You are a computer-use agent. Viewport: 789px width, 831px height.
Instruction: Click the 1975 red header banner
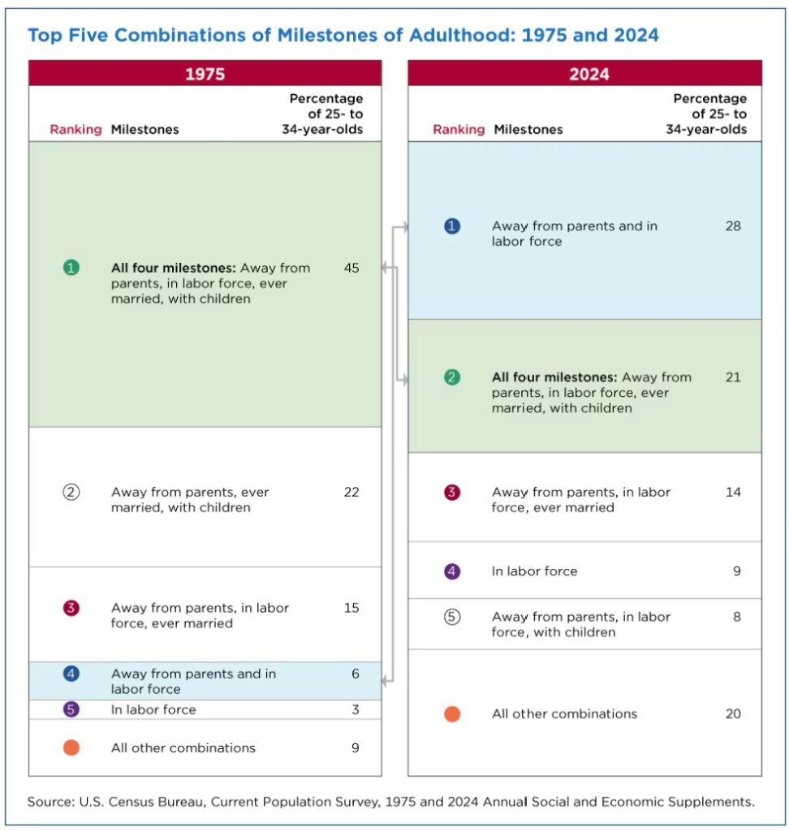[205, 74]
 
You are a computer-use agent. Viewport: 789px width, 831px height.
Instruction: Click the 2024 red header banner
[584, 74]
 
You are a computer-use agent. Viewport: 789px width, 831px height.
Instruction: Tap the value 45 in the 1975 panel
[351, 268]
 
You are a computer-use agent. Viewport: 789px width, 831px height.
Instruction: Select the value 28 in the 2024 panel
[733, 226]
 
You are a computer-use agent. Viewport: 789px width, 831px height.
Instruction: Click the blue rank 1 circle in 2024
[452, 226]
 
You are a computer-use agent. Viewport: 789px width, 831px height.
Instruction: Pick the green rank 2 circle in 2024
[452, 377]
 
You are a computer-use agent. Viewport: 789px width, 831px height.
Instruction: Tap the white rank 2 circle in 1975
[71, 493]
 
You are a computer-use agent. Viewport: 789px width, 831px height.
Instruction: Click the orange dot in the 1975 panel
[71, 747]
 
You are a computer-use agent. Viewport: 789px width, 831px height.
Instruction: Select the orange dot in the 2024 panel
[452, 714]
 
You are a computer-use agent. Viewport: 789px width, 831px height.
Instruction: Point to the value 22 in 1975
[351, 493]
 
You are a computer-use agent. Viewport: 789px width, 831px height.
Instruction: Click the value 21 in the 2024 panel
[733, 377]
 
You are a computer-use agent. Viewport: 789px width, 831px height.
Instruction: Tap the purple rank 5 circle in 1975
[71, 709]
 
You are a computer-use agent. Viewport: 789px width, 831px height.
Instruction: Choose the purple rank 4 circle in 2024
[452, 571]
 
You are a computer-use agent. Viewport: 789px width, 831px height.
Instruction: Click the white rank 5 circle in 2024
[452, 617]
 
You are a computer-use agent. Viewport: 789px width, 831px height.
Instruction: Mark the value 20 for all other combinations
[733, 714]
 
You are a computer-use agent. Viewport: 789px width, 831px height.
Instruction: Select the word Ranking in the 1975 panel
[76, 129]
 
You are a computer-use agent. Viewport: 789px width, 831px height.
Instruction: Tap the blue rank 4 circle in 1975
[71, 674]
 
